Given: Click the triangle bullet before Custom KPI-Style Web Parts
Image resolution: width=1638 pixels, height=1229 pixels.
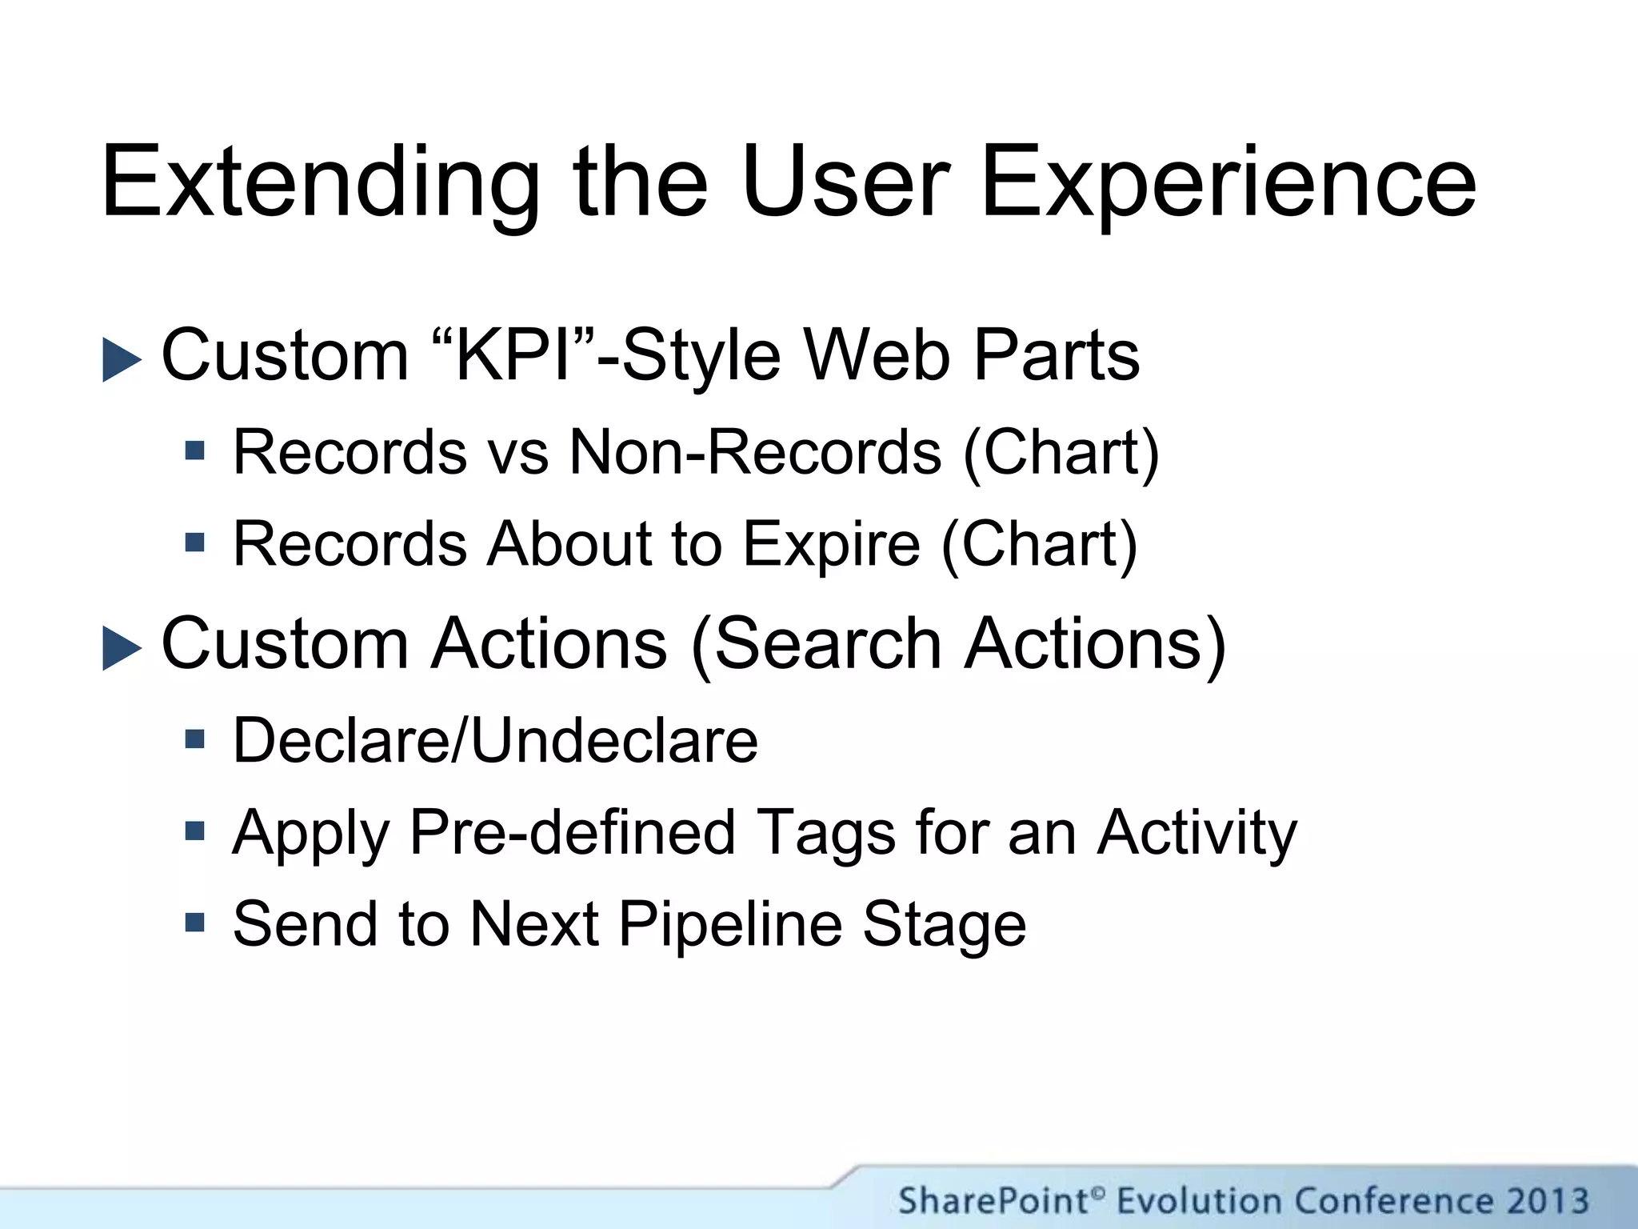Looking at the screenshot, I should pos(122,359).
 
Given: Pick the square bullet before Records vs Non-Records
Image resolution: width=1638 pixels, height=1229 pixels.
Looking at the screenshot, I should pos(194,450).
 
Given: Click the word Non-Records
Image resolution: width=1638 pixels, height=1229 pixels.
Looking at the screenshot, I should pos(755,452).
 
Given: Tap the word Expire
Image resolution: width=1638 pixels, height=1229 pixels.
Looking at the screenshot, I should pos(832,544).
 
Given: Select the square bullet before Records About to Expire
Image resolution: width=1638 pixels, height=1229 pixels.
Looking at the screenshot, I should pos(194,543).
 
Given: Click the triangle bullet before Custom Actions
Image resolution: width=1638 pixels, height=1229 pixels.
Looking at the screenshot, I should pos(122,647).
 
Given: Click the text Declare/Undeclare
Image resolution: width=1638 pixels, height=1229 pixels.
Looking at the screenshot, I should pos(495,740).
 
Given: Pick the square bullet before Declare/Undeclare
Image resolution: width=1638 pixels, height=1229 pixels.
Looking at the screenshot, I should pos(194,738).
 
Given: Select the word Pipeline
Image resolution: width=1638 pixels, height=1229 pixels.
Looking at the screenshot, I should pos(730,923).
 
